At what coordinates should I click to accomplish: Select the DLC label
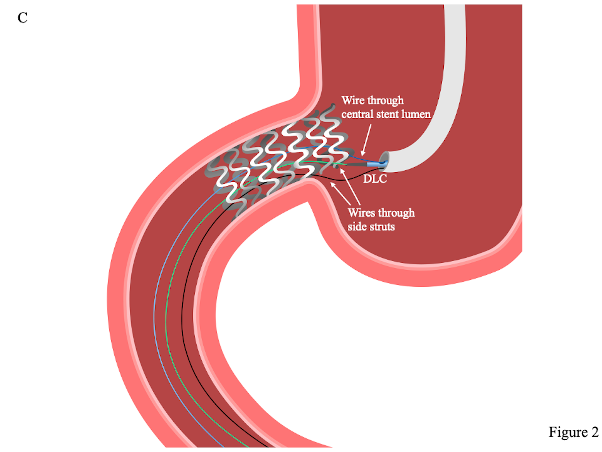click(x=375, y=179)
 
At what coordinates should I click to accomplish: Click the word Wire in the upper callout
click(x=353, y=100)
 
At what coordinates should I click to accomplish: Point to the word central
click(x=357, y=115)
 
